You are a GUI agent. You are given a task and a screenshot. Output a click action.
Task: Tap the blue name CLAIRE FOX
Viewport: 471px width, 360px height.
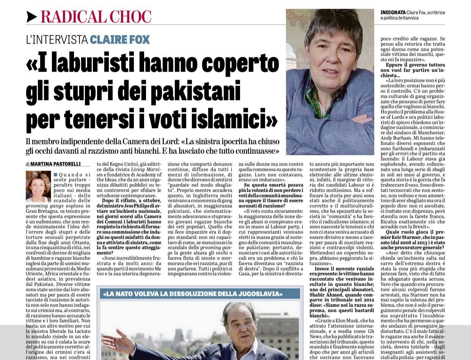tap(120, 40)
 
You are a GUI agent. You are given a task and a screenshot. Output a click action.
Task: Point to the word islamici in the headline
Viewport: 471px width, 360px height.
tap(234, 119)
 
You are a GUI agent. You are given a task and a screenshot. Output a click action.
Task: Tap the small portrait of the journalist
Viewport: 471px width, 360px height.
tap(38, 186)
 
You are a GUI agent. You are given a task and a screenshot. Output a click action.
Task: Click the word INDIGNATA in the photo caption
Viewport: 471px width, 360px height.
tap(393, 13)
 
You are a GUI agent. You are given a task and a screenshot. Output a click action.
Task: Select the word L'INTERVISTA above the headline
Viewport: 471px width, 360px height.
tap(57, 40)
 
